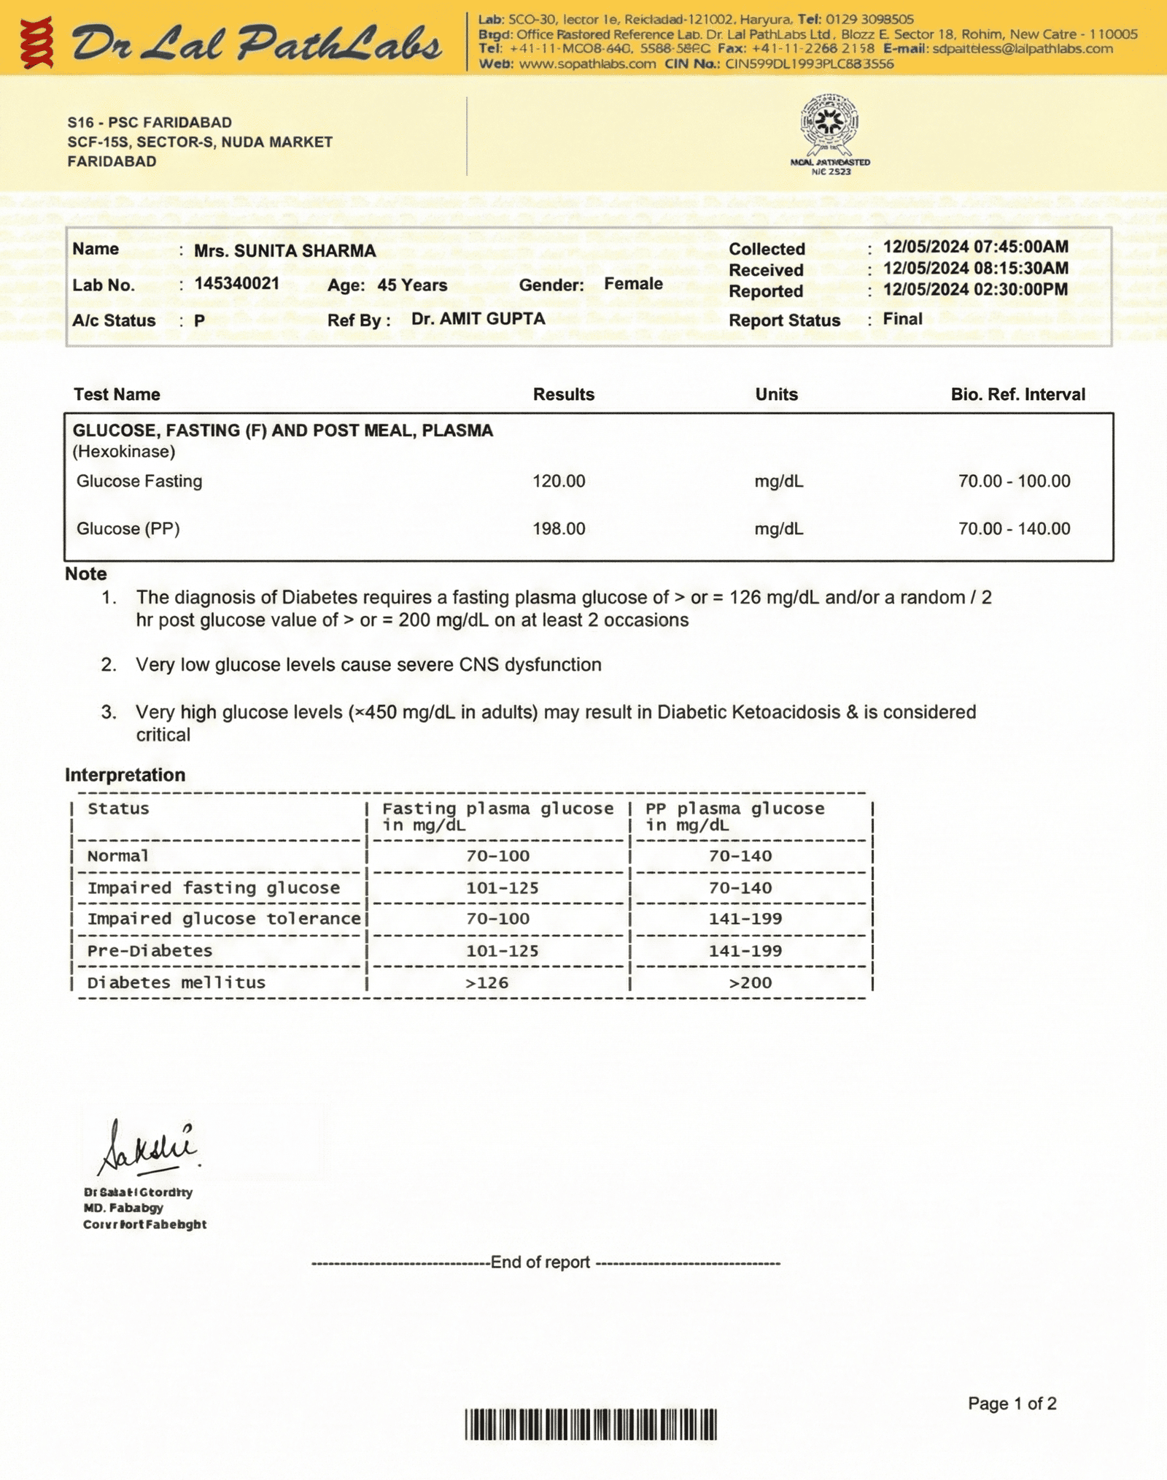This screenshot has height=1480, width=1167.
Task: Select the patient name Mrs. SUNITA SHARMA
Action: point(284,251)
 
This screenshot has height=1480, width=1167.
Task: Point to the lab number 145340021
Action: point(236,284)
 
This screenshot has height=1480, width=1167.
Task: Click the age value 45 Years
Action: point(412,285)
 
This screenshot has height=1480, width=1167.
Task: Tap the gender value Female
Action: point(633,284)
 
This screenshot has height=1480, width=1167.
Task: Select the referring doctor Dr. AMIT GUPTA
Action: point(478,319)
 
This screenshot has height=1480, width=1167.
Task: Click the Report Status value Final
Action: point(902,319)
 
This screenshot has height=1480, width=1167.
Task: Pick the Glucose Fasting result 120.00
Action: point(559,482)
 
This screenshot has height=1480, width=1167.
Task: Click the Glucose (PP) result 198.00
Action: point(559,529)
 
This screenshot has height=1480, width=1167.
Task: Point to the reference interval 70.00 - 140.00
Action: point(1014,529)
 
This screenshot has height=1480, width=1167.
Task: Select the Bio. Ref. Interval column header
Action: point(1017,395)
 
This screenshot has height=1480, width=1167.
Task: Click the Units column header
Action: point(776,395)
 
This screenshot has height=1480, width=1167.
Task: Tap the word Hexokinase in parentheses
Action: point(124,452)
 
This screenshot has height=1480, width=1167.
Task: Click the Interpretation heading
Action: point(125,775)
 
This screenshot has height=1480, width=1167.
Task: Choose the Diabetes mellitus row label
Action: point(176,983)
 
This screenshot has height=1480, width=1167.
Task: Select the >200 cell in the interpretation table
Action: point(750,983)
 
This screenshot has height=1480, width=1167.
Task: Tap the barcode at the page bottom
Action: point(591,1425)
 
